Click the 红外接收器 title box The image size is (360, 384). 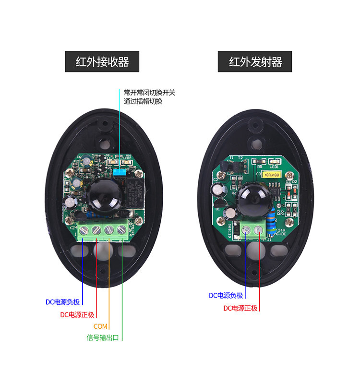point(102,62)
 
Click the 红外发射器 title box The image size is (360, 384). point(255,62)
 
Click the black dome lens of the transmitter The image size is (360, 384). point(252,197)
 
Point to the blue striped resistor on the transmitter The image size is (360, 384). point(276,216)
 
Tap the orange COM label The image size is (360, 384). point(100,326)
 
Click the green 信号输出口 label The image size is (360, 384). point(102,337)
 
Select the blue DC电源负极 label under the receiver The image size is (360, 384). point(62,302)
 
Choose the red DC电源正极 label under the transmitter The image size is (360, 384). point(240,308)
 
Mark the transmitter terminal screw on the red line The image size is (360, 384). point(260,230)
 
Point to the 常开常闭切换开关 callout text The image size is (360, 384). point(149,92)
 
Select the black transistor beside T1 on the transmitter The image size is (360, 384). point(231,166)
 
